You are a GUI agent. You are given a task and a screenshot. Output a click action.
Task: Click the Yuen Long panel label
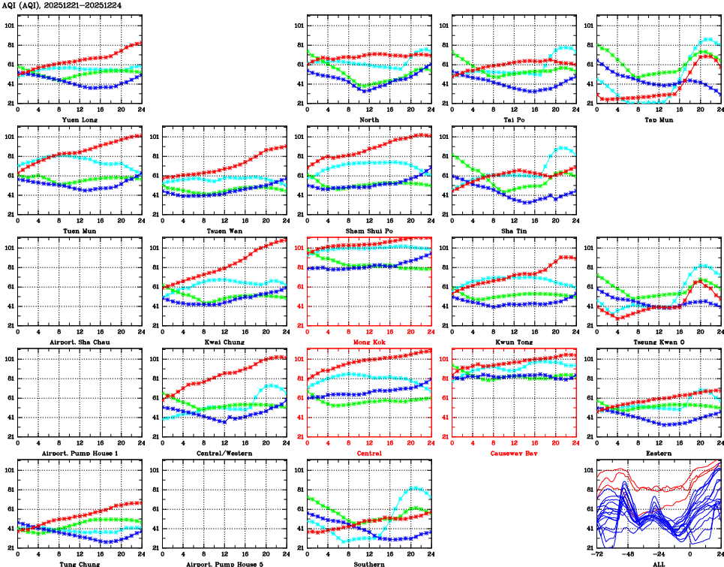[x=80, y=119]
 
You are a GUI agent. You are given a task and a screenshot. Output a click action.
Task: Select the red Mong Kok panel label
[x=369, y=342]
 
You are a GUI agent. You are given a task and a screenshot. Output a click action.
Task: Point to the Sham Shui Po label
[x=369, y=231]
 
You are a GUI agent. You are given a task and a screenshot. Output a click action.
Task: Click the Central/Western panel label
[x=224, y=453]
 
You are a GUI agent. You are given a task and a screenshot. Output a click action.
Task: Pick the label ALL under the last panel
[x=659, y=563]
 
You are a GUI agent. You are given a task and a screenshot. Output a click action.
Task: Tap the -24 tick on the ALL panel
[x=659, y=556]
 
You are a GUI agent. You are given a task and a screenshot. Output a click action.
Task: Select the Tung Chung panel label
[x=80, y=563]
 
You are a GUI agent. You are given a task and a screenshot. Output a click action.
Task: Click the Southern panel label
[x=369, y=563]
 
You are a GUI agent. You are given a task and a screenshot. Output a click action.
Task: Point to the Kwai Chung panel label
[x=224, y=342]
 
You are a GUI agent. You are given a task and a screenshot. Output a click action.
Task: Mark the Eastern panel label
[x=659, y=453]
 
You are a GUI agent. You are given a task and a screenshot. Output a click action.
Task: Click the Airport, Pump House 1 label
[x=80, y=453]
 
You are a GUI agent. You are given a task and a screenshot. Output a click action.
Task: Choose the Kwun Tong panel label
[x=514, y=342]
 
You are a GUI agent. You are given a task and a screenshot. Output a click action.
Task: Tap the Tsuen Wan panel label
[x=224, y=231]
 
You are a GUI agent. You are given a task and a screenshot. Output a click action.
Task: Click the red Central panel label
[x=369, y=453]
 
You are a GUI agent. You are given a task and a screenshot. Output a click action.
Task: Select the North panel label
[x=369, y=119]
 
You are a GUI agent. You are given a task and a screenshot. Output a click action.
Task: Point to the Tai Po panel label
[x=514, y=119]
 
